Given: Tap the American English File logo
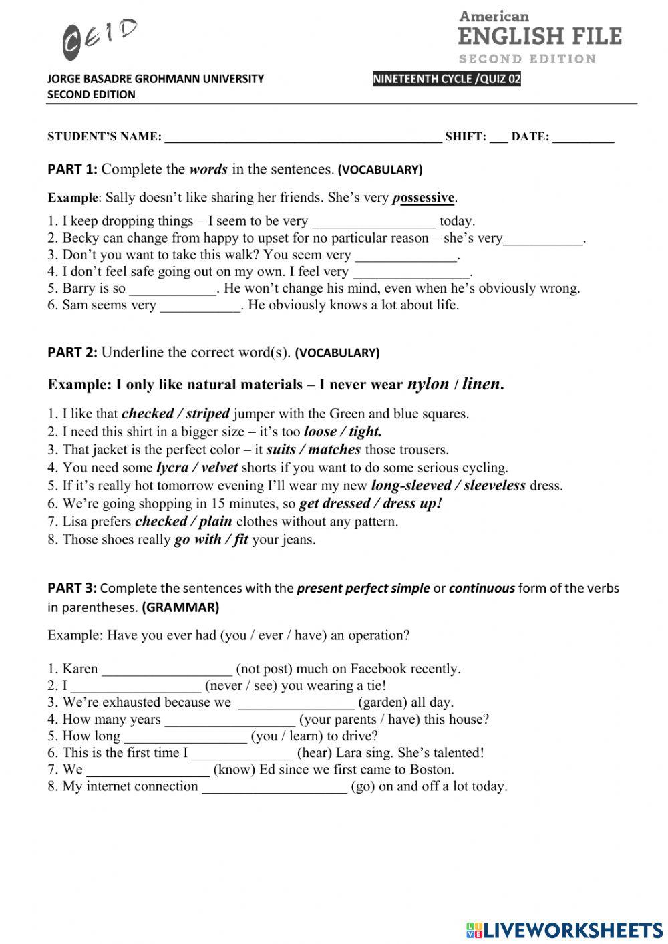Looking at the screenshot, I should pos(540,37).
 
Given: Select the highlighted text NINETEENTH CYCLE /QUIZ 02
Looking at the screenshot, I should pos(447,80).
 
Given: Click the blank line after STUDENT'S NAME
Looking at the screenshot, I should pos(303,137).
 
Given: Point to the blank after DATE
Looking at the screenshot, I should pos(583,137).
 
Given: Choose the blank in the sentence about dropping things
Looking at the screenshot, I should pos(373,222).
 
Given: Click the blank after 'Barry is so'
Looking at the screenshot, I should pos(172,289).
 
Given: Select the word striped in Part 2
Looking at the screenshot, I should pos(208,414).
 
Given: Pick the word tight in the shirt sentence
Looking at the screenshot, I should pos(365,432).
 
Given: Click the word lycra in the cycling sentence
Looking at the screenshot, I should pos(172,468).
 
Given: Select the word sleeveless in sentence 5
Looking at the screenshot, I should pos(494,486).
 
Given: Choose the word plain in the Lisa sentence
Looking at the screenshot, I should pos(215,522).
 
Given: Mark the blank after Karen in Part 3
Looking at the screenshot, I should pos(166,669).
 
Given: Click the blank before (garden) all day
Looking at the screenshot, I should pos(296,703).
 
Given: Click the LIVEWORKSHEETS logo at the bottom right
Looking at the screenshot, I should pos(564,930).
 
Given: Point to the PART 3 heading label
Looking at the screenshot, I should pos(72,589).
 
